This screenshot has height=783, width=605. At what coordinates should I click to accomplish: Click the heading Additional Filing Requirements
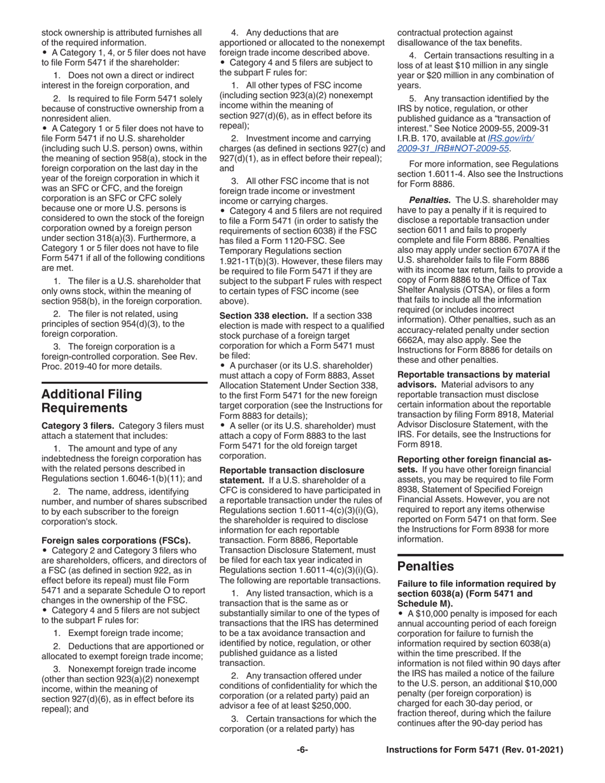tap(92, 400)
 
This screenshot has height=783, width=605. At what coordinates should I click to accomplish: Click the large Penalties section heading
tap(425, 566)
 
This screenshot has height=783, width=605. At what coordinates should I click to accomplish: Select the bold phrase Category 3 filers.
tap(78, 425)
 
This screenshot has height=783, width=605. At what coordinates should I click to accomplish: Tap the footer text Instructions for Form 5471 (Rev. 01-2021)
tap(475, 751)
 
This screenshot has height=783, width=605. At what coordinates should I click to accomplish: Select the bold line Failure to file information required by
tap(476, 583)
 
